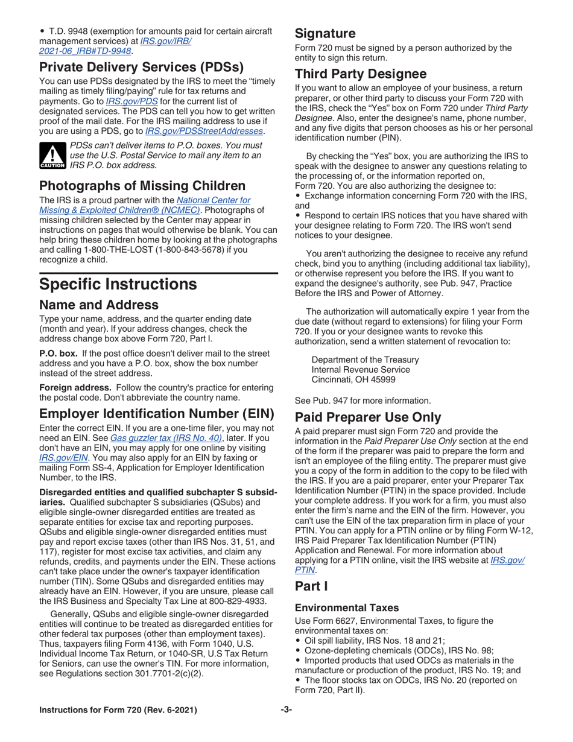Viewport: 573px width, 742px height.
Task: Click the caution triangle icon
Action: click(51, 156)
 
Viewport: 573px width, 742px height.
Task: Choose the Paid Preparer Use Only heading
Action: click(368, 417)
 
